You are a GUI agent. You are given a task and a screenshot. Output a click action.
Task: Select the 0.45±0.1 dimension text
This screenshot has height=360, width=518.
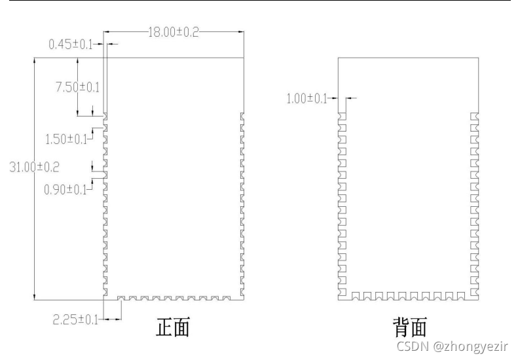click(x=71, y=45)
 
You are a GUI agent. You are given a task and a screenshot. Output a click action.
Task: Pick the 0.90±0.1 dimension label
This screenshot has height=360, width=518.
click(x=65, y=190)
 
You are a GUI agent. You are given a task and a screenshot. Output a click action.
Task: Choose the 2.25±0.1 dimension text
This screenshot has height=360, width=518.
click(x=75, y=319)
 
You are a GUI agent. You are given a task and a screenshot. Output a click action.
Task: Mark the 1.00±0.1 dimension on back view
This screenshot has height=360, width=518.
click(x=306, y=99)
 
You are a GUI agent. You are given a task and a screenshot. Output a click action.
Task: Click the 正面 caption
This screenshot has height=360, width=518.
click(x=172, y=327)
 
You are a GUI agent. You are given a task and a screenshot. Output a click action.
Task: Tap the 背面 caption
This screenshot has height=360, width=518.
click(x=410, y=327)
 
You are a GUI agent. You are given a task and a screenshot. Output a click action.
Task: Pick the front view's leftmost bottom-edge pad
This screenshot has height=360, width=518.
click(x=121, y=298)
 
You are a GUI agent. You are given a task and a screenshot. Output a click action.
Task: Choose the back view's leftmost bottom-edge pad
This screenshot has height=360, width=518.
click(x=356, y=297)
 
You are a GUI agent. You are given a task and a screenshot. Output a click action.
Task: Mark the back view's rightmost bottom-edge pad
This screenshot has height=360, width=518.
click(x=460, y=297)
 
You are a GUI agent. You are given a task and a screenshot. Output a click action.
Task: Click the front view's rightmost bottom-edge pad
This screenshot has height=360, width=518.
click(x=227, y=298)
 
